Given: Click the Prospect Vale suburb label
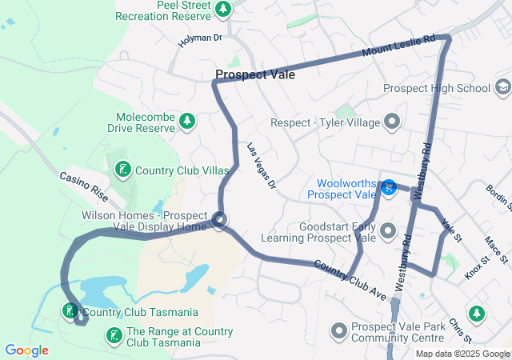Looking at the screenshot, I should click(x=254, y=74).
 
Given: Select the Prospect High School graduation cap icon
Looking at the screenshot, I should click(x=502, y=87).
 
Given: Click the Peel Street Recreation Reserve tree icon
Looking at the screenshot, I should click(x=223, y=10).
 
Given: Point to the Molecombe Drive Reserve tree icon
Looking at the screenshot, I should click(x=186, y=122).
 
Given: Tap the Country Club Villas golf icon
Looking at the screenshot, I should click(x=122, y=170).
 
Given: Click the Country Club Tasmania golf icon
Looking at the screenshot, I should click(x=70, y=311).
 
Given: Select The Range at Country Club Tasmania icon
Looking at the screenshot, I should click(x=114, y=336).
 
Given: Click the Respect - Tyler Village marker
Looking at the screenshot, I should click(x=392, y=122).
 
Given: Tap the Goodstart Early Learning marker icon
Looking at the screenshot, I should click(x=389, y=232).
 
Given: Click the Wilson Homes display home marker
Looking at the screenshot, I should click(x=219, y=220).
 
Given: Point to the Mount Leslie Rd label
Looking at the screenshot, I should click(x=398, y=47).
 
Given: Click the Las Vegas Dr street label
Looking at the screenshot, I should click(x=261, y=166).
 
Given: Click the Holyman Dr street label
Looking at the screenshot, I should click(x=198, y=38).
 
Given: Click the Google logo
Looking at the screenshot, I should click(x=26, y=350).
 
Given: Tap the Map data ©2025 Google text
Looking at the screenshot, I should click(x=462, y=354).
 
